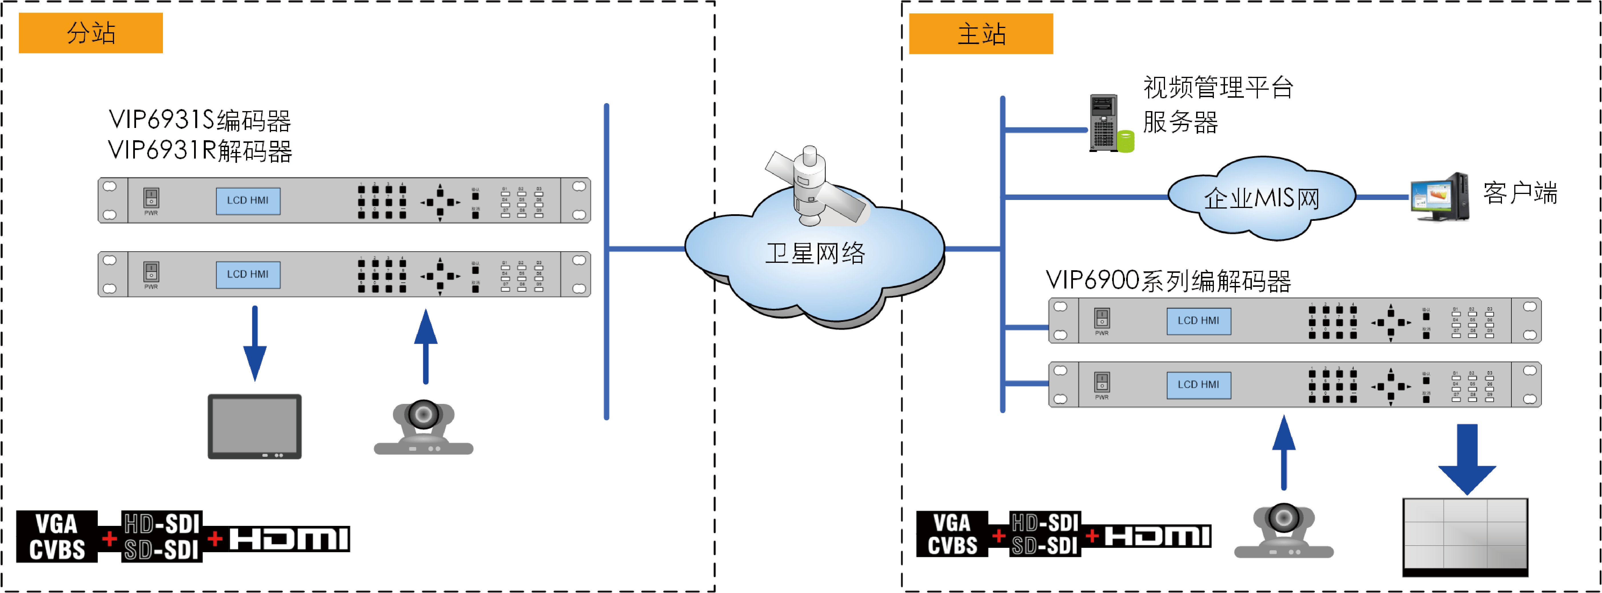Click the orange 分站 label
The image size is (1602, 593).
[91, 33]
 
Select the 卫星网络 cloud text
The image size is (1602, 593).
[815, 253]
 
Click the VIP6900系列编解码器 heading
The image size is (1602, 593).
[1168, 280]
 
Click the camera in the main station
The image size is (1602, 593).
[1284, 530]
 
